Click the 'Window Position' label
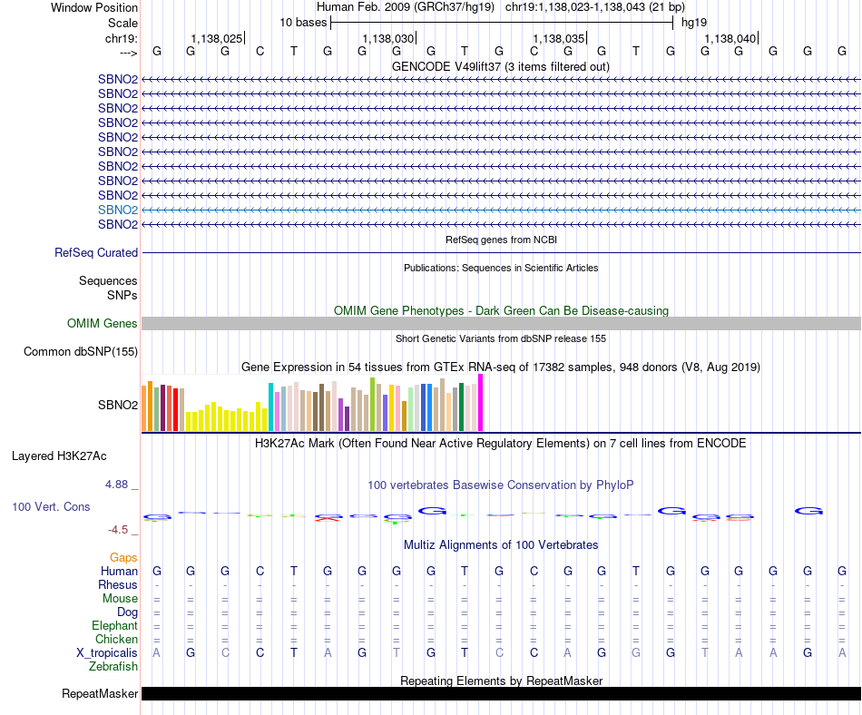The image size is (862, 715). (94, 7)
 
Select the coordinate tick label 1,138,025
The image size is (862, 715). (216, 38)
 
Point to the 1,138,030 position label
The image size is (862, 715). (387, 38)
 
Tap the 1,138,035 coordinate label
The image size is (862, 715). (559, 38)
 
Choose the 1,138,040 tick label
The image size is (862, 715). (730, 38)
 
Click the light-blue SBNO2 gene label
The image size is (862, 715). (118, 210)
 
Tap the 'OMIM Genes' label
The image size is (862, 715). (103, 324)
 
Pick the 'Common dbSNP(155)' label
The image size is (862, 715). (81, 352)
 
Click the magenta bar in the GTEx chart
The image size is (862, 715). (481, 403)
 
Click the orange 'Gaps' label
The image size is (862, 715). (123, 557)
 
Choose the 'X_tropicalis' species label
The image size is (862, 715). (107, 653)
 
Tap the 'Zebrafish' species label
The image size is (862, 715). (113, 667)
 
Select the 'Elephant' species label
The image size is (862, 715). (114, 626)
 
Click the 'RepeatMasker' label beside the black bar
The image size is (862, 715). (100, 694)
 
